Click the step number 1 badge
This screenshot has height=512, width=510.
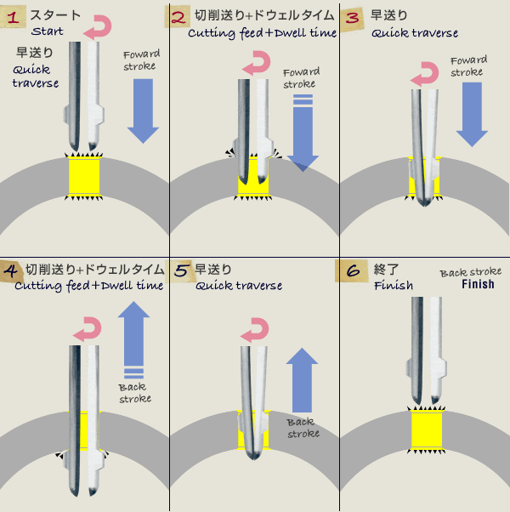(x=14, y=16)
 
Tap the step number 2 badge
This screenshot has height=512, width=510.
(x=179, y=16)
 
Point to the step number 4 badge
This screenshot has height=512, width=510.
(x=12, y=270)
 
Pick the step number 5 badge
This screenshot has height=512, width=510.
(x=182, y=270)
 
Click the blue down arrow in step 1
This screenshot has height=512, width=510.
(x=143, y=111)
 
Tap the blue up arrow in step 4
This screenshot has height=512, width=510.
(x=134, y=336)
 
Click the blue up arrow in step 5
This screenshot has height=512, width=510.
(x=302, y=378)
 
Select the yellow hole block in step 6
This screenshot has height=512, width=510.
(x=428, y=430)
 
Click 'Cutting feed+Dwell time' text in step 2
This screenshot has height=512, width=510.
(x=263, y=32)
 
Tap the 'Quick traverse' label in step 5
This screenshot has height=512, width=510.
(x=239, y=286)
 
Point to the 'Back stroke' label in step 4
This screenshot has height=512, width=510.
(x=134, y=393)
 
